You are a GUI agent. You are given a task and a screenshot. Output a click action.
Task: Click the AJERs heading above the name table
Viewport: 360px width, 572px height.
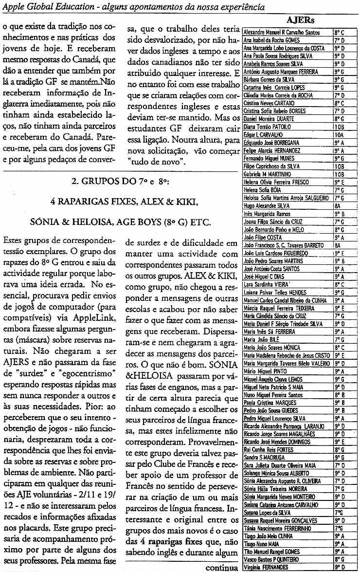(x=300, y=20)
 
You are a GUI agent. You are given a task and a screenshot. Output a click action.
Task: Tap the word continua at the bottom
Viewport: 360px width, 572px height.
(x=222, y=567)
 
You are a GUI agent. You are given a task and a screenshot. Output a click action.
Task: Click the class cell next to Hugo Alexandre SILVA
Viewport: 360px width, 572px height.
(x=340, y=205)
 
